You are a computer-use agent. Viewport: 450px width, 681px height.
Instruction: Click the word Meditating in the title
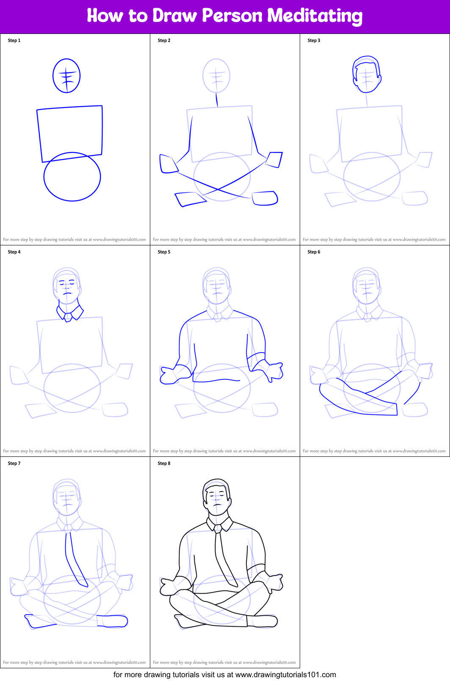pyautogui.click(x=315, y=16)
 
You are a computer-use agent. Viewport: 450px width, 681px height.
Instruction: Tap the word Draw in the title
pyautogui.click(x=174, y=15)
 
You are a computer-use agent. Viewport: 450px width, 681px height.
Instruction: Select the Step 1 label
pyautogui.click(x=14, y=40)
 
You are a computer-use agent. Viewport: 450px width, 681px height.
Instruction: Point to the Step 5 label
pyautogui.click(x=164, y=252)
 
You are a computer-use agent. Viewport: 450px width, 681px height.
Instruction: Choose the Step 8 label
pyautogui.click(x=164, y=463)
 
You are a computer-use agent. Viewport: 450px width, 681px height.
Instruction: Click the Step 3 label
pyautogui.click(x=314, y=40)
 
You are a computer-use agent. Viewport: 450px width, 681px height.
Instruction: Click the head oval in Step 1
pyautogui.click(x=53, y=76)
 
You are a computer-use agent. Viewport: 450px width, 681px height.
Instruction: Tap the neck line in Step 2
pyautogui.click(x=217, y=100)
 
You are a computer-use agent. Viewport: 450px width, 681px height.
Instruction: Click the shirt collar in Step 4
pyautogui.click(x=70, y=313)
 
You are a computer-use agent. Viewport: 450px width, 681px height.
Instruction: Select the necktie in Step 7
pyautogui.click(x=75, y=559)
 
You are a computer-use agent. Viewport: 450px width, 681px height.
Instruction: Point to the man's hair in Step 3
pyautogui.click(x=367, y=62)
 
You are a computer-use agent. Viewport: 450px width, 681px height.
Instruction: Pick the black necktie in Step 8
pyautogui.click(x=225, y=559)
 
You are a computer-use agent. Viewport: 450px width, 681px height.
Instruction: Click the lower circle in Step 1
pyautogui.click(x=44, y=177)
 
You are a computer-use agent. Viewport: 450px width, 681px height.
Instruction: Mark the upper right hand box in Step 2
pyautogui.click(x=274, y=159)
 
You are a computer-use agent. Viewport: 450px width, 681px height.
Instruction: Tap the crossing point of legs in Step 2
pyautogui.click(x=218, y=190)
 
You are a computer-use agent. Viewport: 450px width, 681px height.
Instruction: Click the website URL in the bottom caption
pyautogui.click(x=285, y=674)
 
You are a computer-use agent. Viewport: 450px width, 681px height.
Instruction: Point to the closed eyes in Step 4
pyautogui.click(x=67, y=284)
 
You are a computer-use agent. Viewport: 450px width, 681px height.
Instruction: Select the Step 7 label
pyautogui.click(x=14, y=463)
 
